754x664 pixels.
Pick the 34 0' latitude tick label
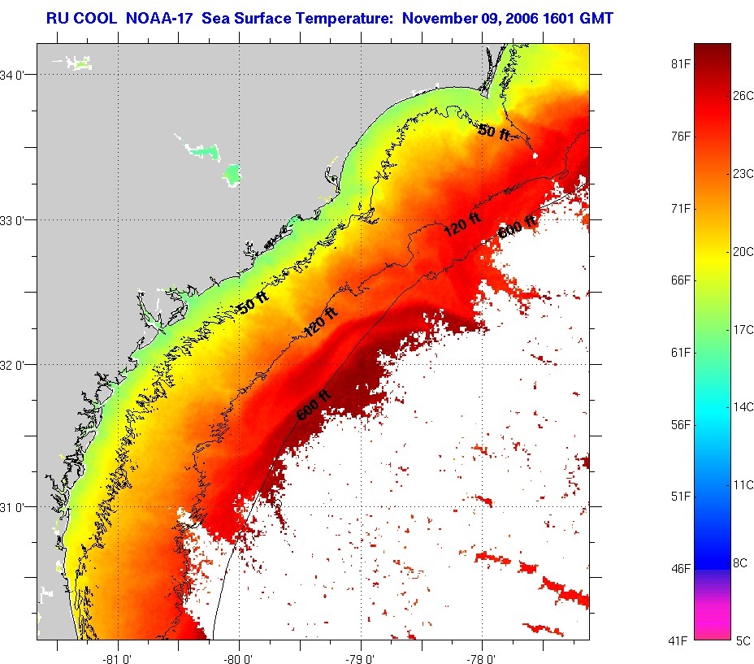point(17,75)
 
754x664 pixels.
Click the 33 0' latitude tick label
point(17,220)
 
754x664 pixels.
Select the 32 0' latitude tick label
point(17,365)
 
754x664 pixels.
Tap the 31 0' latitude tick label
point(17,506)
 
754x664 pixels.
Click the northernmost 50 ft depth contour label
point(493,131)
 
